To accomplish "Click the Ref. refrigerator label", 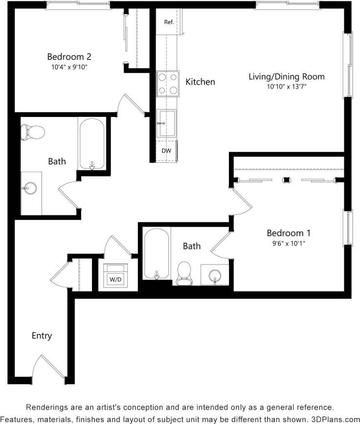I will (x=169, y=22).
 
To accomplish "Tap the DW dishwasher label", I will (x=166, y=151).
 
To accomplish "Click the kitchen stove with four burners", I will (x=168, y=85).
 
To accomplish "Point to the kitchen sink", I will (x=166, y=123).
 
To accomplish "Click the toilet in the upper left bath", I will (x=32, y=131).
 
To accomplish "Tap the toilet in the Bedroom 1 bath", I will (x=184, y=273).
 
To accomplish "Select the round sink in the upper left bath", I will (x=30, y=187).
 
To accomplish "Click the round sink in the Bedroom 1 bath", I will (x=215, y=275).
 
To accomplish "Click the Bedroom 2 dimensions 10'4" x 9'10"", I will (x=69, y=67).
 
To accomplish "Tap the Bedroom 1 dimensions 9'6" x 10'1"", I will (x=289, y=243).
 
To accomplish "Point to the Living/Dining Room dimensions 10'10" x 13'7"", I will (x=286, y=87).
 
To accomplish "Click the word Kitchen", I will (x=200, y=82).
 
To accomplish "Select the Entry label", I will (x=42, y=336).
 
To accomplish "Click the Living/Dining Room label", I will (x=286, y=76).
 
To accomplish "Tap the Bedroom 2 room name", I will (x=69, y=56).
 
